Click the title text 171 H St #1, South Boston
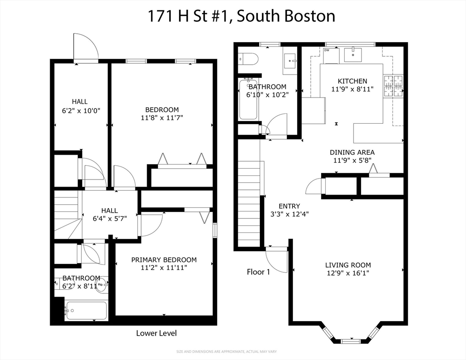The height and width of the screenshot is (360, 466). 241,16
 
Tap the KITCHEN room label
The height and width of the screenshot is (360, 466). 349,81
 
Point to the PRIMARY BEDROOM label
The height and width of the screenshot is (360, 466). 164,260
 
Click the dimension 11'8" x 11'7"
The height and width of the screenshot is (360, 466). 162,118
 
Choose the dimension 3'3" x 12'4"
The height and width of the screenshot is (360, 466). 289,214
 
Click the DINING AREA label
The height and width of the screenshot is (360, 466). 352,152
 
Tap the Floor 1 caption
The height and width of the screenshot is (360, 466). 258,272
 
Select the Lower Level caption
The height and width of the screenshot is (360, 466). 156,333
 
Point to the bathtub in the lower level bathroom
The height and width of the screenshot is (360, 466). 86,310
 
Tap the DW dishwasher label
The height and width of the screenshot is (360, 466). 327,50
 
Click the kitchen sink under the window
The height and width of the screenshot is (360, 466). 352,55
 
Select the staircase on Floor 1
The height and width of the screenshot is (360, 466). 249,202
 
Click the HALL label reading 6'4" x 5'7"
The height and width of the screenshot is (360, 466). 109,211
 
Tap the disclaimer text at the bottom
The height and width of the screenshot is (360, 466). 233,352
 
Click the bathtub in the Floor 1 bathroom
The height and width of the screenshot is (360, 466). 248,100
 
